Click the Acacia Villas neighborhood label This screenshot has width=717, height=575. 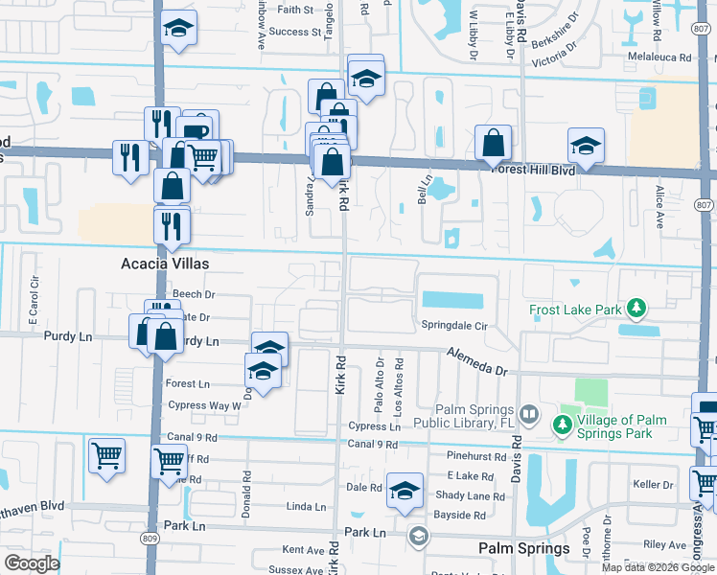pos(165,263)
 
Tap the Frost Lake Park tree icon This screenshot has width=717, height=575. pos(635,309)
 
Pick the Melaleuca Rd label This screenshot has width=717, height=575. pos(659,57)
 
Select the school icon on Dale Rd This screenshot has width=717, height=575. pos(405,490)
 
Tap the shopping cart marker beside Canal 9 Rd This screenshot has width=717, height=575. pos(170,460)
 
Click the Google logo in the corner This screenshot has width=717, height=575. pos(32,563)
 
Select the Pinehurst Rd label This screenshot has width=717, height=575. pos(475,456)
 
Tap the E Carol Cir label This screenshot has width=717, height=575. pos(34,298)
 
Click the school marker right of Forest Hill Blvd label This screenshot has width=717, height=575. pos(586,145)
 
